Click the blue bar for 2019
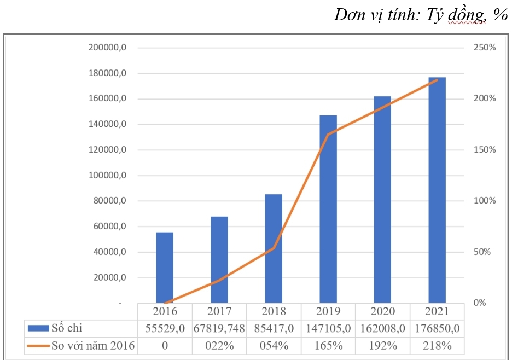(x=328, y=208)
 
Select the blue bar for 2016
(x=165, y=267)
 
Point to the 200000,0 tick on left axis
(x=107, y=48)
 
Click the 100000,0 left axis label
(x=107, y=175)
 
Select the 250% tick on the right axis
(x=484, y=48)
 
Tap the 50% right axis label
(x=484, y=252)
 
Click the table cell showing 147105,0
(x=328, y=328)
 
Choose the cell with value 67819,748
(x=219, y=328)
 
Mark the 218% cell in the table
(x=437, y=346)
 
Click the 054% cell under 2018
(x=274, y=346)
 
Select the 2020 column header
(x=382, y=311)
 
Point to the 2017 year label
(x=219, y=311)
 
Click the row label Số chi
(x=66, y=328)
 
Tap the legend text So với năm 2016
(x=93, y=346)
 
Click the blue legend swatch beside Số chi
(x=38, y=329)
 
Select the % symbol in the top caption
(x=499, y=15)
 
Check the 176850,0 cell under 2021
(x=437, y=328)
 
